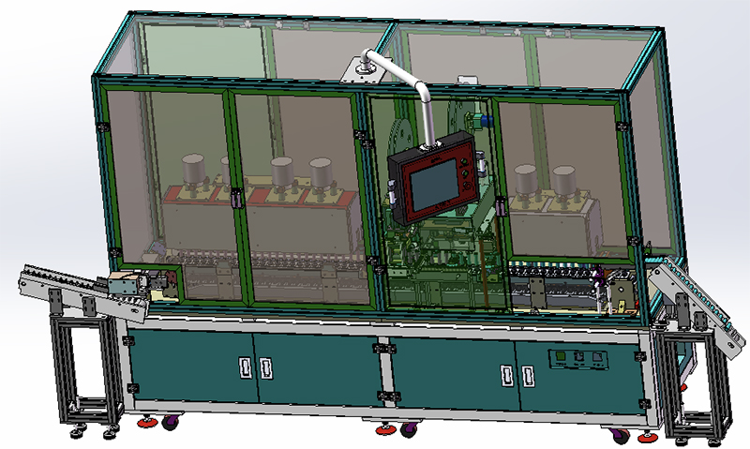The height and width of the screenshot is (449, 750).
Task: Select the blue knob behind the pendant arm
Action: pyautogui.click(x=476, y=120)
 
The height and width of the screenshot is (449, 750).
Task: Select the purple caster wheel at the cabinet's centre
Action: pyautogui.click(x=408, y=429)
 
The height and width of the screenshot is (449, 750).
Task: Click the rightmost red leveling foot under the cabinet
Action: pyautogui.click(x=647, y=437)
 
